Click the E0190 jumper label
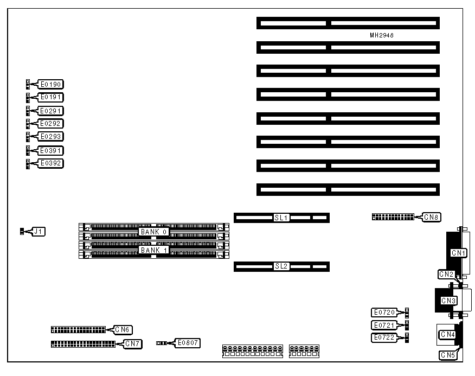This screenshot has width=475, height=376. click(x=50, y=84)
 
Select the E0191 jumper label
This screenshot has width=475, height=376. click(x=50, y=97)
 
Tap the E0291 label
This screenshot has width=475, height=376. click(x=50, y=111)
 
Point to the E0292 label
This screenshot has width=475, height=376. click(x=50, y=124)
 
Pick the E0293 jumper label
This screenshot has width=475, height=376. click(x=50, y=136)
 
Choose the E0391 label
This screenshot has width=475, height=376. click(x=50, y=150)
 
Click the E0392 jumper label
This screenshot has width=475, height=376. click(x=50, y=163)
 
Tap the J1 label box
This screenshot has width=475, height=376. click(x=38, y=232)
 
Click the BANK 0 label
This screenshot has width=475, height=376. click(x=154, y=232)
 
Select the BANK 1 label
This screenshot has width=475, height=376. click(x=154, y=250)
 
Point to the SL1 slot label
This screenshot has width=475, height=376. click(x=281, y=218)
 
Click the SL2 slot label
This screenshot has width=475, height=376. click(x=281, y=266)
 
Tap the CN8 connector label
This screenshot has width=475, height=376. click(x=432, y=217)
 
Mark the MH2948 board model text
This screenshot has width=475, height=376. click(x=382, y=35)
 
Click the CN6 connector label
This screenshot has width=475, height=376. click(x=123, y=329)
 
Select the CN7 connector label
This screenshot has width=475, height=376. click(x=133, y=343)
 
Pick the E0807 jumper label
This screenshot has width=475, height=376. click(x=187, y=343)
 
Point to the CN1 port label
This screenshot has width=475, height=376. click(x=459, y=253)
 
